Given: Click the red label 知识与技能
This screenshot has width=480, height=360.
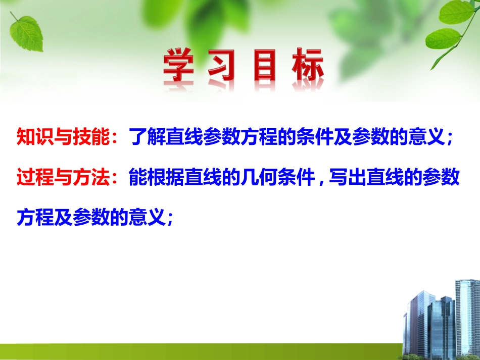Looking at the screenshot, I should (x=64, y=136).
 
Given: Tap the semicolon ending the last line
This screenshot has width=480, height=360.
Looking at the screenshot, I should (x=170, y=220).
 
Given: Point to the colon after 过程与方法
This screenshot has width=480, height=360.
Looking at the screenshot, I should (x=119, y=179).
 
